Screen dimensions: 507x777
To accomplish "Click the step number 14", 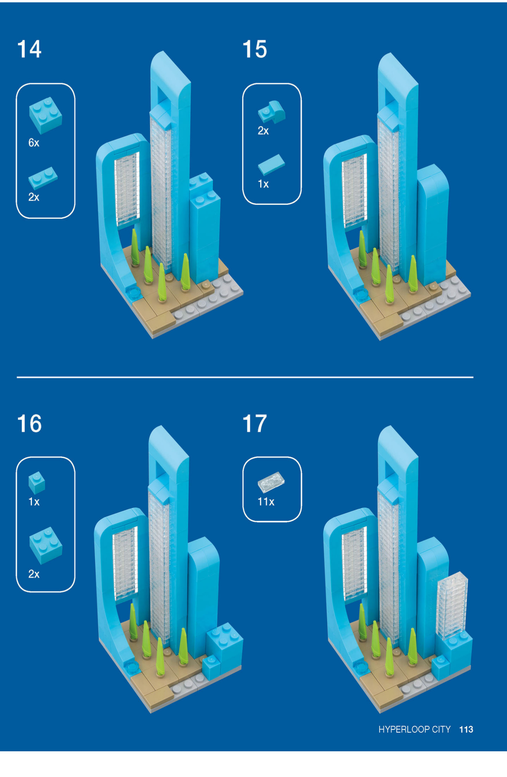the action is pos(29,49).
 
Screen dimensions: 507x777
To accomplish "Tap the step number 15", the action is pos(255,49).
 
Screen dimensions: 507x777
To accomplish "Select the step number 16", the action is pos(29,423).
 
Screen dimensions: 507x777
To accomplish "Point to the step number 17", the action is pos(255,423).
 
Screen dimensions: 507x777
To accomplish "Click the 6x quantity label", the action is pos(34,143).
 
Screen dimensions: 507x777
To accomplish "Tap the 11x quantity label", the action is pos(266,502).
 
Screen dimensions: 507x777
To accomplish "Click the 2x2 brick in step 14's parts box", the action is pos(46,115).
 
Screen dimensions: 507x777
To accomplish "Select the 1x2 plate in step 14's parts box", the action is pos(43,178).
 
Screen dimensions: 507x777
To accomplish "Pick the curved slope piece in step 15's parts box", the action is pos(271,112).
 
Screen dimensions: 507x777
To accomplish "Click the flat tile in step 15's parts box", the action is pos(271,164).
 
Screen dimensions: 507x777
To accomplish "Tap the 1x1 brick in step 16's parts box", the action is pos(37,483).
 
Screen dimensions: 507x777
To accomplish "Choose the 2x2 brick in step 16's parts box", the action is pos(46,545).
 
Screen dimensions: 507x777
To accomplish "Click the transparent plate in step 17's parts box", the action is pos(271,482).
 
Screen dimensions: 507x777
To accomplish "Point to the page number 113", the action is pos(466,729).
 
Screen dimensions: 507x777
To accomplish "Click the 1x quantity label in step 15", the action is pos(263,184).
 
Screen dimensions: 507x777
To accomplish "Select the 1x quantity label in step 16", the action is pos(34,502).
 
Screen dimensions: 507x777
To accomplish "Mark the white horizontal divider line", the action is pos(245,377).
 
